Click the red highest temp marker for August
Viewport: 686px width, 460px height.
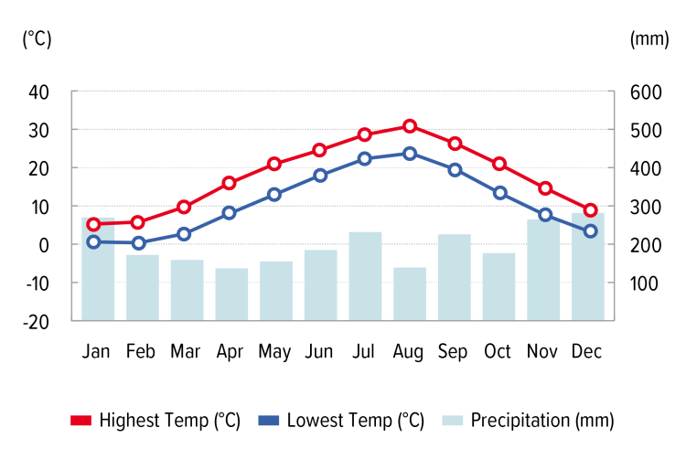tap(410, 126)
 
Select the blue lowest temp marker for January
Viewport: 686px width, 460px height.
tap(93, 242)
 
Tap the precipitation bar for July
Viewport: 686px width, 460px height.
tap(365, 276)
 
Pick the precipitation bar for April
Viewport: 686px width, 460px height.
tap(231, 294)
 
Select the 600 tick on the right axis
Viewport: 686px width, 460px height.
tap(644, 92)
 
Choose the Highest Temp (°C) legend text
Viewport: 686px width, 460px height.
tap(170, 421)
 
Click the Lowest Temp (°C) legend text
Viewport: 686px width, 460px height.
tap(356, 421)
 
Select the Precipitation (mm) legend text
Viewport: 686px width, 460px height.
tap(542, 421)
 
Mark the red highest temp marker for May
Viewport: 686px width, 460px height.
tap(274, 165)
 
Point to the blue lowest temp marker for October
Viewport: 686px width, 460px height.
tap(500, 193)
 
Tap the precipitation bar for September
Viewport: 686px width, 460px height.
tap(455, 277)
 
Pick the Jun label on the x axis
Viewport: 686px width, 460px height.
tap(319, 351)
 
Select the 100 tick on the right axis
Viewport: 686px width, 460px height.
tap(644, 283)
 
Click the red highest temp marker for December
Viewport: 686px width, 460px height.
tap(590, 210)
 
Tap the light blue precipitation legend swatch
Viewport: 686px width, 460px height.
tap(452, 421)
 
